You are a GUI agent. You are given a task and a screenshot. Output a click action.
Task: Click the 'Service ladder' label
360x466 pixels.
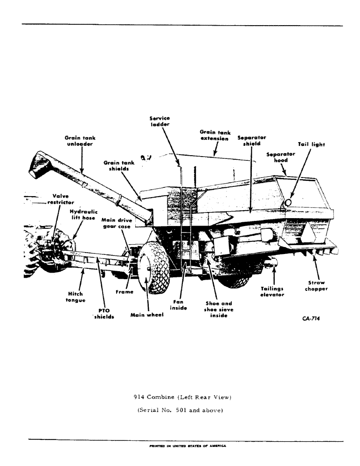[x=160, y=122]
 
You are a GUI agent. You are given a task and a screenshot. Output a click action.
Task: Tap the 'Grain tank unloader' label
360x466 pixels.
[x=80, y=141]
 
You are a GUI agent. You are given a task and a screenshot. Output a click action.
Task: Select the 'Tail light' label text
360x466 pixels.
[x=312, y=144]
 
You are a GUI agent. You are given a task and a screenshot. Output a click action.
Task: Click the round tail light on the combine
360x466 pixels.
[x=288, y=202]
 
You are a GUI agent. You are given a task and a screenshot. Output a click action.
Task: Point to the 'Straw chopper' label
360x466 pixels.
[x=317, y=286]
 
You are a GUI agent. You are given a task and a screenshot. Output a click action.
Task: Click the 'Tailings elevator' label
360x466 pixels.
[x=272, y=292]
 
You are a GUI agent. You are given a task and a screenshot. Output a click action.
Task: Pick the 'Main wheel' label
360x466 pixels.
[x=147, y=315]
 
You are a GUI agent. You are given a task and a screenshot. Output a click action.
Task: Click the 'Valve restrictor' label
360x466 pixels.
[x=60, y=199]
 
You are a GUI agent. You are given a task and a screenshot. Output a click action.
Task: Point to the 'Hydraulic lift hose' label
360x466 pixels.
[x=83, y=214]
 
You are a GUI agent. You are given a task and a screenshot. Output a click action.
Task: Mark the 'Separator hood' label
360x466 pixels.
[x=281, y=157]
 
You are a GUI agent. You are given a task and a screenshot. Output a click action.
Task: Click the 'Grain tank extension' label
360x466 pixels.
[x=215, y=136]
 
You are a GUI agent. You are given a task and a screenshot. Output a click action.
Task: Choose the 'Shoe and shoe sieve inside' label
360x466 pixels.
[x=219, y=309]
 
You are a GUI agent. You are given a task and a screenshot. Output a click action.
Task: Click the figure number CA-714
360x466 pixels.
[x=311, y=319]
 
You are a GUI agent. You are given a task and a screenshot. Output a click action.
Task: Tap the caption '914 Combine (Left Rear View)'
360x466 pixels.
[x=182, y=397]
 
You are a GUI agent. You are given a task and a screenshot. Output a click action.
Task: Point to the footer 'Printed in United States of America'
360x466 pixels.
[x=187, y=445]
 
